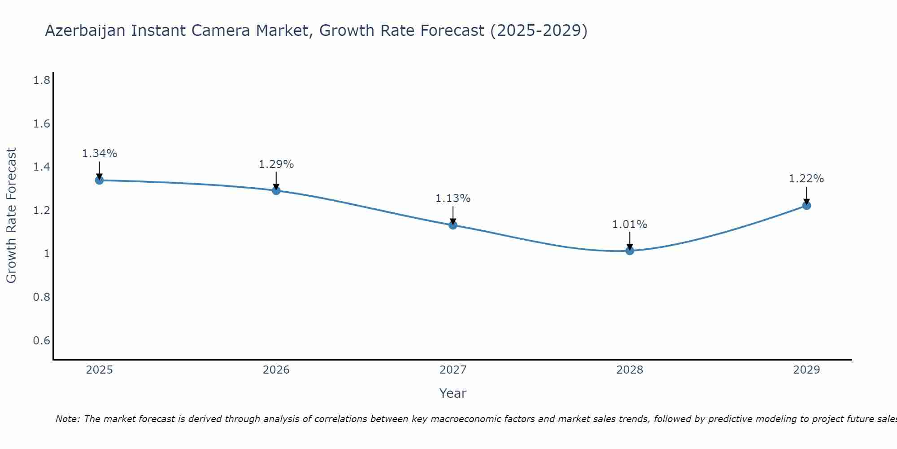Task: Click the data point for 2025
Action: (99, 180)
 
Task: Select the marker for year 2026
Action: (276, 190)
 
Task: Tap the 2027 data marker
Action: (453, 225)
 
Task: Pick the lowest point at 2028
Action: (630, 251)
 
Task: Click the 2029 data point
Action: (806, 206)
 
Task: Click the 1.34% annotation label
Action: (99, 154)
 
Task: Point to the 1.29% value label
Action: (276, 164)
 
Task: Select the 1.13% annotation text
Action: (453, 198)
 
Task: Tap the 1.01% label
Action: (630, 224)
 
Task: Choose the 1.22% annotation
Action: (806, 179)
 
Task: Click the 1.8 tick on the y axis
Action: (41, 80)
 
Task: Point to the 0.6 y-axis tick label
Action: (41, 340)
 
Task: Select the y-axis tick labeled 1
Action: (46, 254)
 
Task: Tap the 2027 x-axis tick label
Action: (453, 370)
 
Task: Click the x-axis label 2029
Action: (806, 370)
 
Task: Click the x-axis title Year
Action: (453, 393)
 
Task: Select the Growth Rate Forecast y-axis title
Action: (11, 216)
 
